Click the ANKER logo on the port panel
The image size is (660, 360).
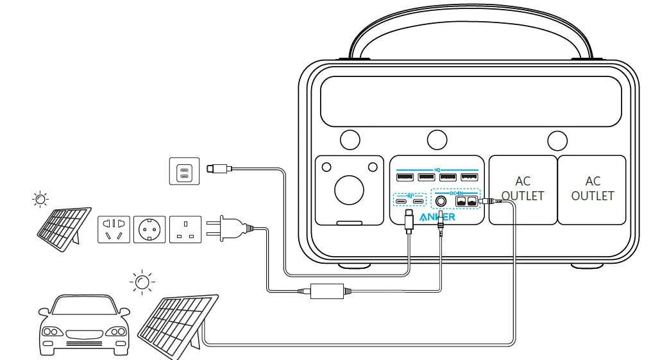click(x=437, y=217)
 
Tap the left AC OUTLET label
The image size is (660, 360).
click(x=523, y=189)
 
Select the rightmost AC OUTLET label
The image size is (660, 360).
click(x=592, y=189)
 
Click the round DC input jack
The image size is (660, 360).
click(x=441, y=201)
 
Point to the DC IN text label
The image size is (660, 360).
click(x=456, y=192)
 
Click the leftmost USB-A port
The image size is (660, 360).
click(x=405, y=177)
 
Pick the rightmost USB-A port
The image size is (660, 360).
click(x=469, y=177)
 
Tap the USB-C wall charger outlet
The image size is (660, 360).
click(x=184, y=171)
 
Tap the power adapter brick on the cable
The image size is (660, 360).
click(x=327, y=291)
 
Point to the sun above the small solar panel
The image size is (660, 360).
click(x=40, y=199)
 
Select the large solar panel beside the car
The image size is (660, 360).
click(x=176, y=324)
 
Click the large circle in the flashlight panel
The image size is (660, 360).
click(x=350, y=190)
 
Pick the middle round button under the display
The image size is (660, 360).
click(x=437, y=139)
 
